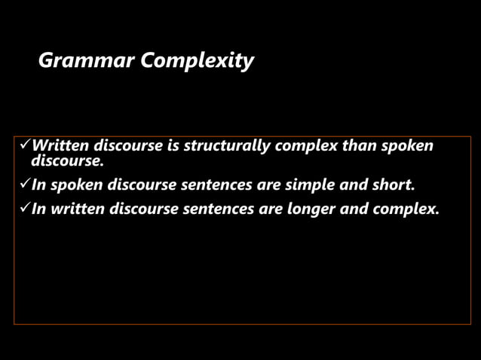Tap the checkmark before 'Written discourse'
click(23, 145)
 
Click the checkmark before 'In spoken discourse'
click(23, 185)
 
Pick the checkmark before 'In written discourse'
click(23, 209)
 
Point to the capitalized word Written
click(60, 145)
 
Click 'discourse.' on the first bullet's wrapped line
click(66, 160)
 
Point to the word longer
click(311, 209)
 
